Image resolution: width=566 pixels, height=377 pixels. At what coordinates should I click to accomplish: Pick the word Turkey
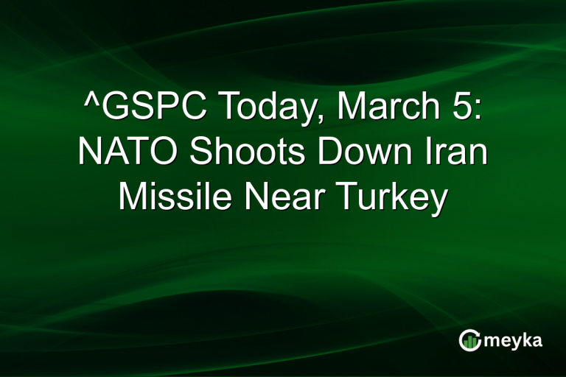click(391, 198)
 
